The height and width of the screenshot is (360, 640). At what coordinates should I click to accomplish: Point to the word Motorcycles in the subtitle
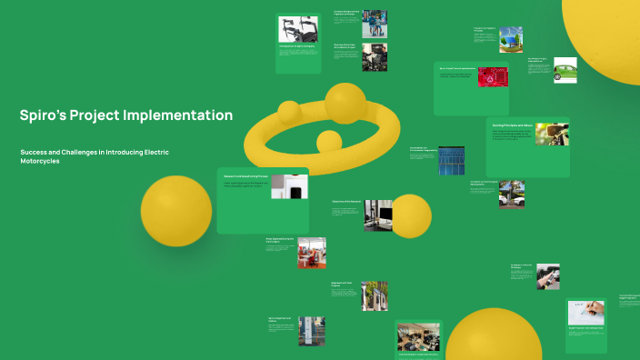[52, 161]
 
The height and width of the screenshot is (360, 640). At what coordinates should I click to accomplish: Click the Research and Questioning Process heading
[246, 176]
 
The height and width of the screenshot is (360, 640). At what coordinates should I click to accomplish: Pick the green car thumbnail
[565, 72]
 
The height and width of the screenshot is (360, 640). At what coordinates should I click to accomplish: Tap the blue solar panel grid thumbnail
[450, 161]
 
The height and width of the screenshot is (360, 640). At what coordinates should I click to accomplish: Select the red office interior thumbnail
[311, 253]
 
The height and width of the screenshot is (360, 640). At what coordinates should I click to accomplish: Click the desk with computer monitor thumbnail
[377, 215]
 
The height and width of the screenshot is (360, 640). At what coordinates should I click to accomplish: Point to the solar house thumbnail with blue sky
[511, 40]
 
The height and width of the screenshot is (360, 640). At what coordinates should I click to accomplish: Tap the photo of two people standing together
[374, 24]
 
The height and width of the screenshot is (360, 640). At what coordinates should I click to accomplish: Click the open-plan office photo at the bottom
[419, 336]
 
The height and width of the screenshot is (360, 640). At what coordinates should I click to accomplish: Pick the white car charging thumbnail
[511, 194]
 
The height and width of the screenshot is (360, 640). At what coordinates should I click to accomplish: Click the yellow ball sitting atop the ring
[345, 103]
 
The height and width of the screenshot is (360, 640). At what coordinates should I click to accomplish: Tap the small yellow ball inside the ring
[328, 142]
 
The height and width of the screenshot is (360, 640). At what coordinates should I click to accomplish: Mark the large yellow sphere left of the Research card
[176, 211]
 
